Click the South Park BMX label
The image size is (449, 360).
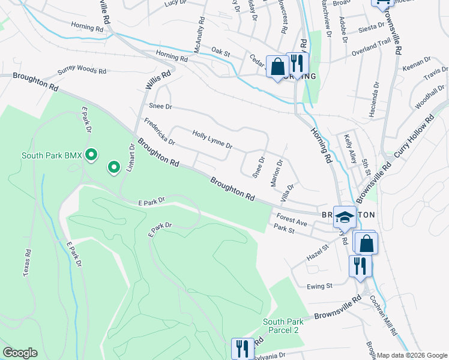52,155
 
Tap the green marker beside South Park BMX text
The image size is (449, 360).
91,155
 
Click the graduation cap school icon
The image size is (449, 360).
345,217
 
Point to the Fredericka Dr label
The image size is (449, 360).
159,132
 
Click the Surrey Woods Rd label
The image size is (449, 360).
82,71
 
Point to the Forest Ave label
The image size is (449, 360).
292,220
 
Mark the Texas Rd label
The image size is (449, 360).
27,263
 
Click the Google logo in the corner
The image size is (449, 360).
20,353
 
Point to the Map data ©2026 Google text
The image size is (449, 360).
412,355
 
